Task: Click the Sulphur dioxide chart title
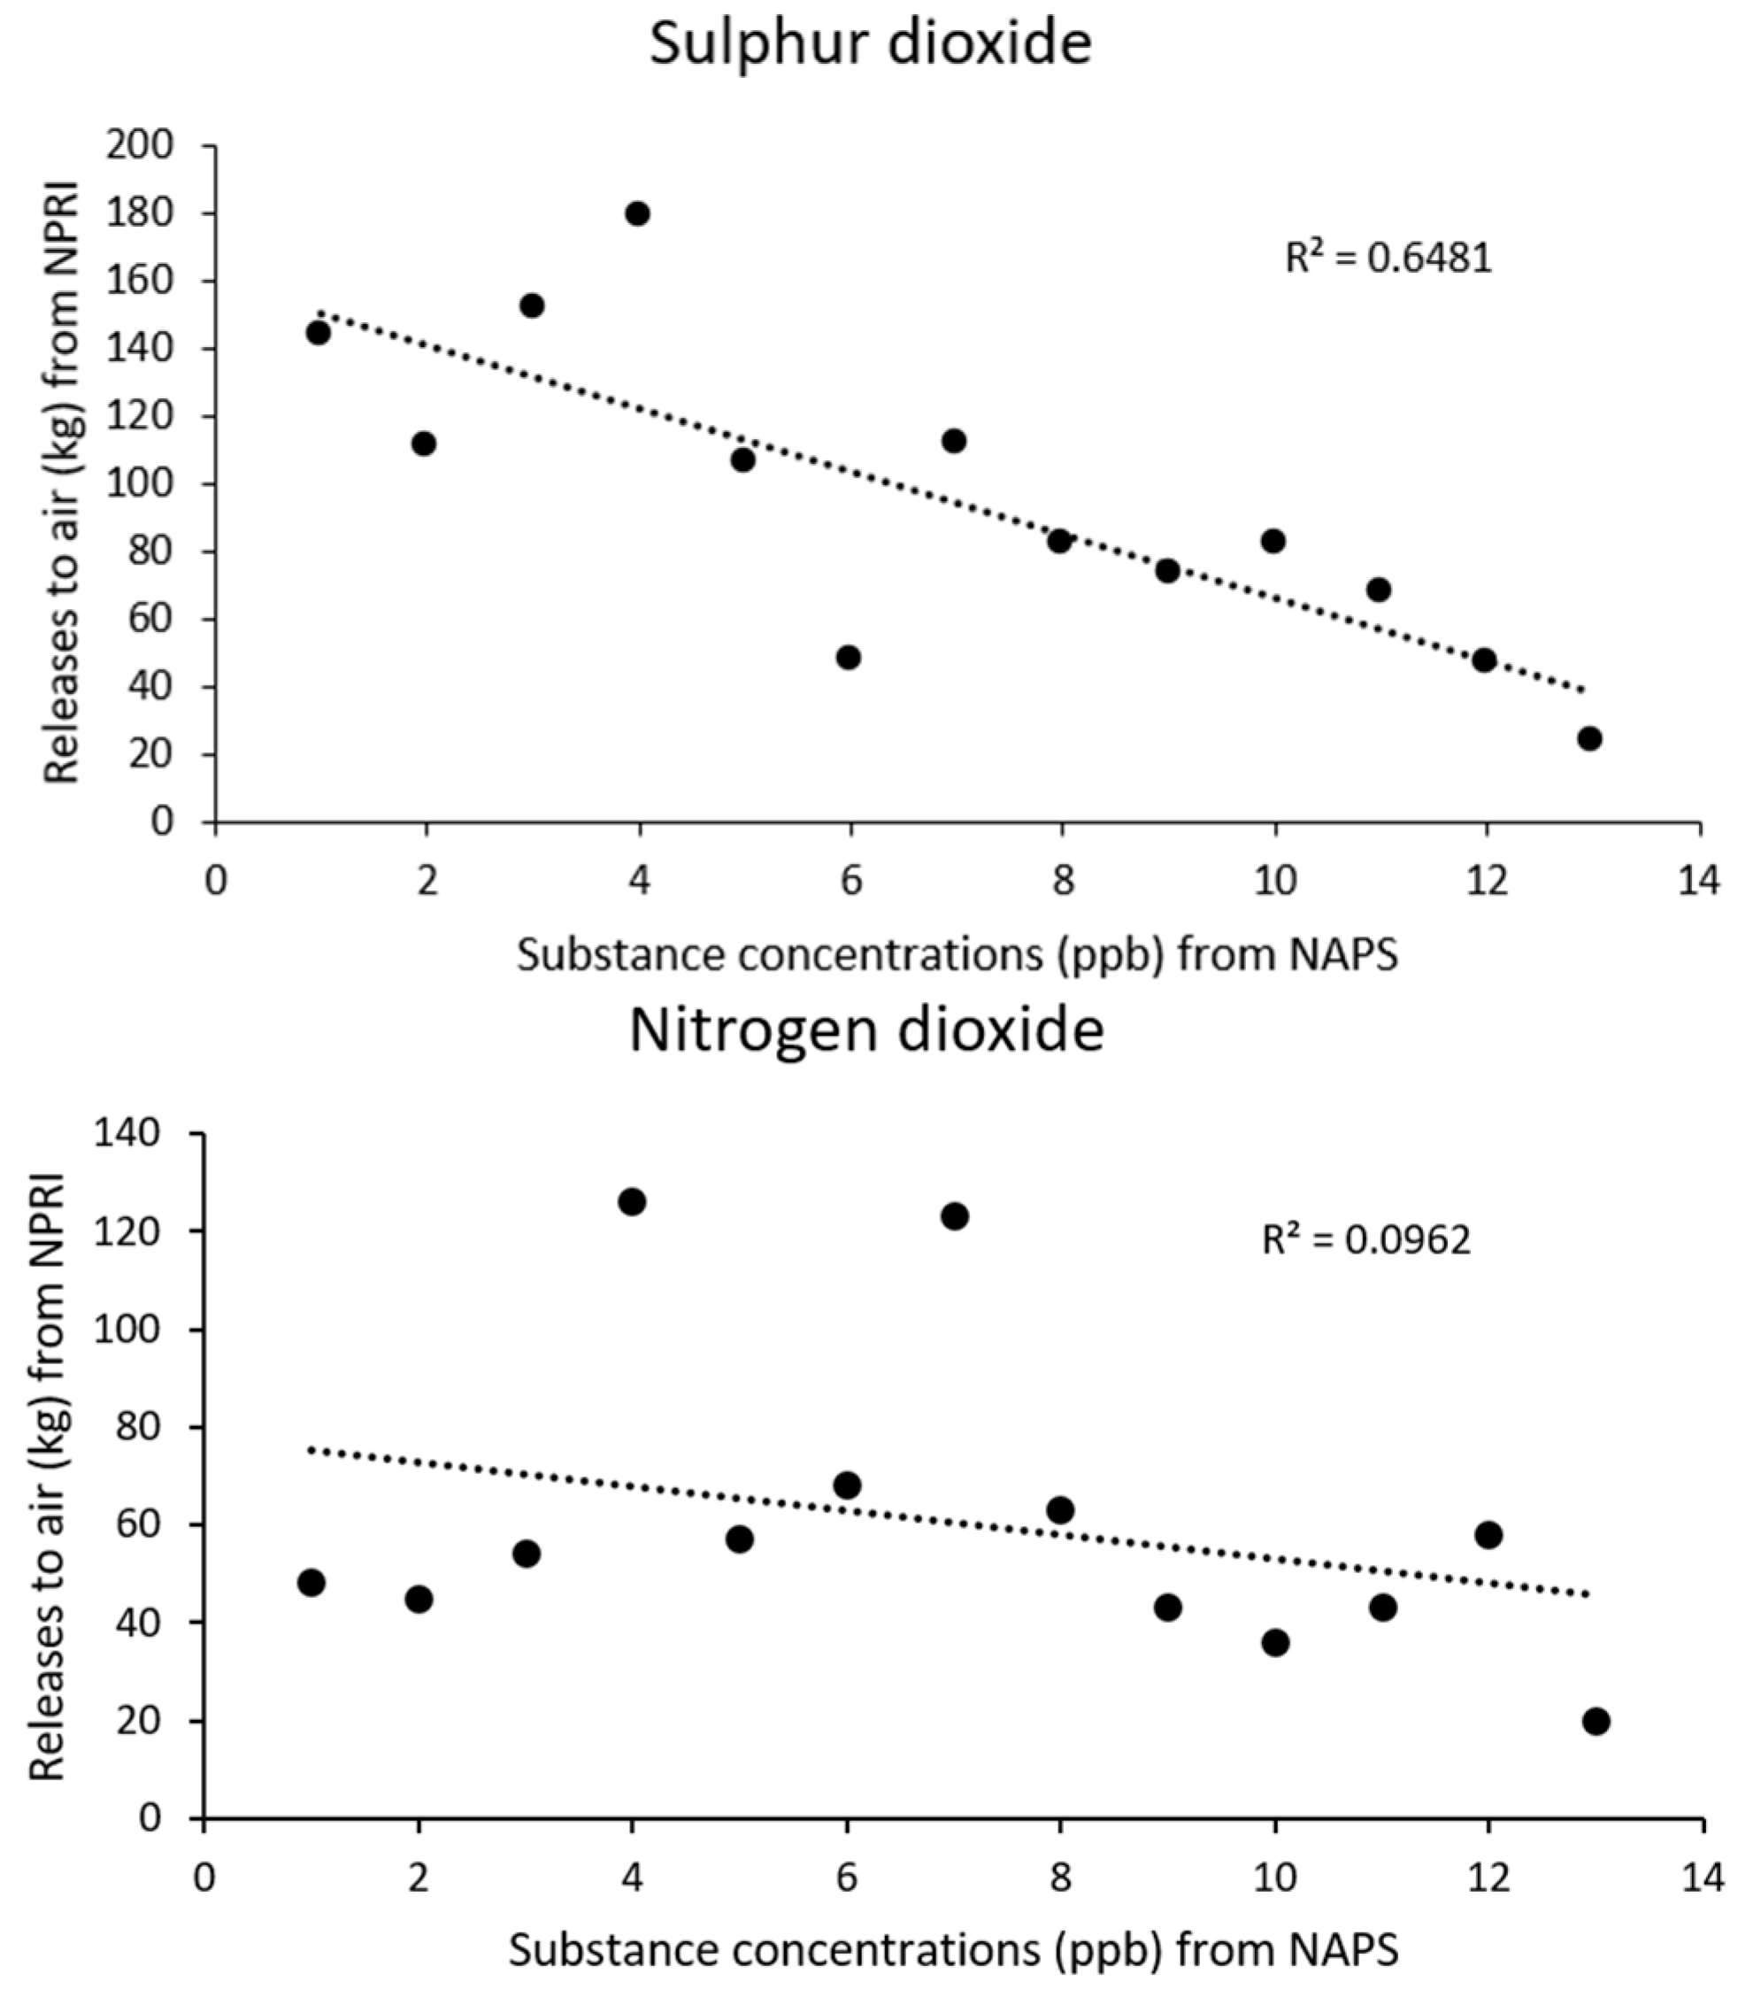870,44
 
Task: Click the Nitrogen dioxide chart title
866,1031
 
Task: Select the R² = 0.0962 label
1365,1239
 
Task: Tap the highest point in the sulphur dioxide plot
637,213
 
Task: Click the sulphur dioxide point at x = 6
849,657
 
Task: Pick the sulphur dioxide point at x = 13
1588,738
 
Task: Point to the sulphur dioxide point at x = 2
424,444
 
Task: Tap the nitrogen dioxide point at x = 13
1596,1721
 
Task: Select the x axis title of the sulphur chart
957,956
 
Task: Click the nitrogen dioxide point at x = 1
311,1583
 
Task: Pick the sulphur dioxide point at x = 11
1378,590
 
